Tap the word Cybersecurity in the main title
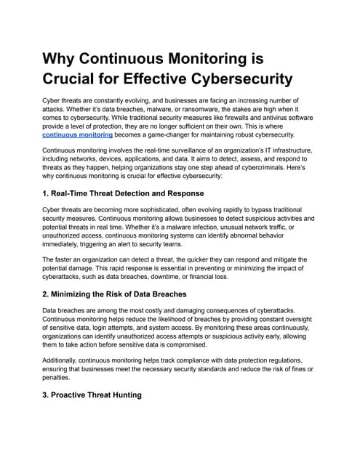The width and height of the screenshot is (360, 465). pyautogui.click(x=231, y=78)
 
